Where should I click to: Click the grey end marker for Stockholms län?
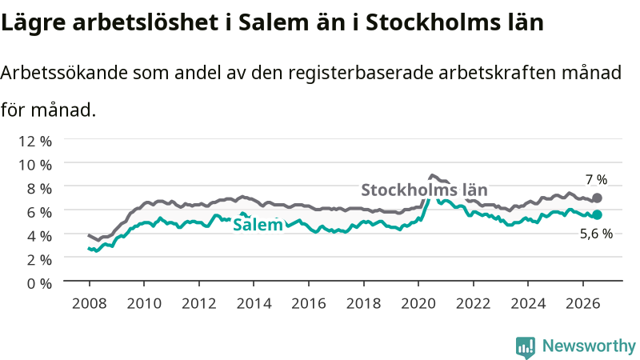(x=597, y=198)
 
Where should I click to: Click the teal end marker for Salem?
(x=597, y=214)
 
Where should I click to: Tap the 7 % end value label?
(x=596, y=179)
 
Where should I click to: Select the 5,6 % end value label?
(x=596, y=234)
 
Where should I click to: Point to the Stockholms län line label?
(x=425, y=190)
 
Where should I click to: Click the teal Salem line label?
(x=258, y=225)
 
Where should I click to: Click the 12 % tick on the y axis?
(x=35, y=142)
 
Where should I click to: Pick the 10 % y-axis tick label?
(x=35, y=165)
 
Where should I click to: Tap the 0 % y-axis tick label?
(x=39, y=283)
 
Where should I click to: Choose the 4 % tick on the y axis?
(x=39, y=236)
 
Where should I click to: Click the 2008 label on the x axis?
(x=90, y=304)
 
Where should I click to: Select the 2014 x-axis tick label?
(x=254, y=304)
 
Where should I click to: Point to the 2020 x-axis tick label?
(x=418, y=304)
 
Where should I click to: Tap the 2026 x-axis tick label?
(x=583, y=304)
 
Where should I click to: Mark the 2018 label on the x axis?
(x=364, y=304)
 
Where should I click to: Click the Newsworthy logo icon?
(x=526, y=347)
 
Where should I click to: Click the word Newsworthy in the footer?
(x=589, y=346)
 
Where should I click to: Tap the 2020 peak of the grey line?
(x=432, y=175)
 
